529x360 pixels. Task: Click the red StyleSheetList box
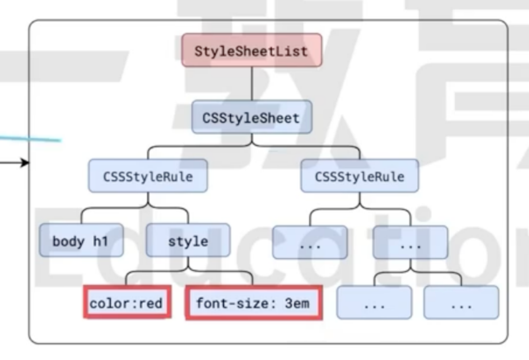coord(251,50)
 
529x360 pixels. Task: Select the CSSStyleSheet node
coord(251,118)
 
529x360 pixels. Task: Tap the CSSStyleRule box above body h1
coord(148,176)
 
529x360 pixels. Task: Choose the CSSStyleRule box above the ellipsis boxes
coord(359,176)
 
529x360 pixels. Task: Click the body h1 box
coord(80,241)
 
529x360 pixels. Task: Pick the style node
coord(188,241)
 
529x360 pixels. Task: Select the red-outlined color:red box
coord(126,303)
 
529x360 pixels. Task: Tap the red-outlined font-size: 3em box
coord(253,303)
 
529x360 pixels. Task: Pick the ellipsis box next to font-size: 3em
coord(374,303)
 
